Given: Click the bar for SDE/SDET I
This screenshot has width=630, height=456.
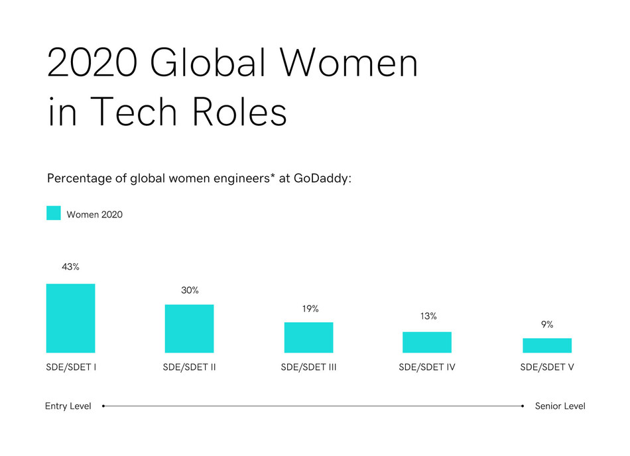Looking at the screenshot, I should point(70,318).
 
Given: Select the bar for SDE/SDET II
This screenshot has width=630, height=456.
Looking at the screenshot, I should point(189,328).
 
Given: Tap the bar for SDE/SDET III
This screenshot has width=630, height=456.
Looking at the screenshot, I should point(308,337).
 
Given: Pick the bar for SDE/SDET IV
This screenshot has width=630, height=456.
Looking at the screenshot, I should point(427,342).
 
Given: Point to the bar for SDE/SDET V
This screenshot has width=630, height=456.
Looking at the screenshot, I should point(547,345).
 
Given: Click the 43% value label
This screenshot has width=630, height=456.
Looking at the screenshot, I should point(70,267).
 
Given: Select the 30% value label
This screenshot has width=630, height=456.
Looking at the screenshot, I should point(190,290).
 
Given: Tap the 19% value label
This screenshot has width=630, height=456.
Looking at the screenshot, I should point(310,309).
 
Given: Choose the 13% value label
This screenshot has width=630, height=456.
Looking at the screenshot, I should point(428,316).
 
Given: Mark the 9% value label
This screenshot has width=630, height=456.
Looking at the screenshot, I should point(547,325).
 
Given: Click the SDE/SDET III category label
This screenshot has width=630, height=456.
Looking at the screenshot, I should point(308,367).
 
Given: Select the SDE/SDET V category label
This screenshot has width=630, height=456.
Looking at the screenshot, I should point(547,367).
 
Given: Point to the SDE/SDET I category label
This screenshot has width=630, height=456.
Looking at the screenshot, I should point(72,367).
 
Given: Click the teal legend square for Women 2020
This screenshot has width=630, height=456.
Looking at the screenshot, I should point(54,213).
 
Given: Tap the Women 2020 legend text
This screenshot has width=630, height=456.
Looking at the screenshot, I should point(94,214).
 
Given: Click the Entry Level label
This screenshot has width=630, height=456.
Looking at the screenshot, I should point(68,406).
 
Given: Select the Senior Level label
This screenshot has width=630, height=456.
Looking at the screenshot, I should point(560,406).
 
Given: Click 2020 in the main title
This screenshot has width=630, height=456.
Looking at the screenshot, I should point(91,64).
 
